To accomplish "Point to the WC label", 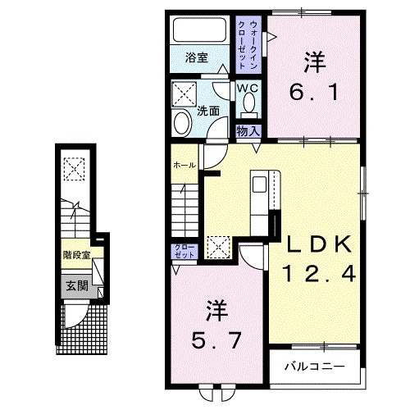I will tap(248, 88).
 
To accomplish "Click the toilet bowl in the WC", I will tap(248, 104).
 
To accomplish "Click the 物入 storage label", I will tap(248, 130).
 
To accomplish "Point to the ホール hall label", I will tap(184, 166).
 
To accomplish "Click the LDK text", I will tap(318, 244).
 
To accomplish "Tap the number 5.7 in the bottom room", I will tap(215, 337).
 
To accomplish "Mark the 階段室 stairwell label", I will tap(77, 255).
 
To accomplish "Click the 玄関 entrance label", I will tap(77, 286).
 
